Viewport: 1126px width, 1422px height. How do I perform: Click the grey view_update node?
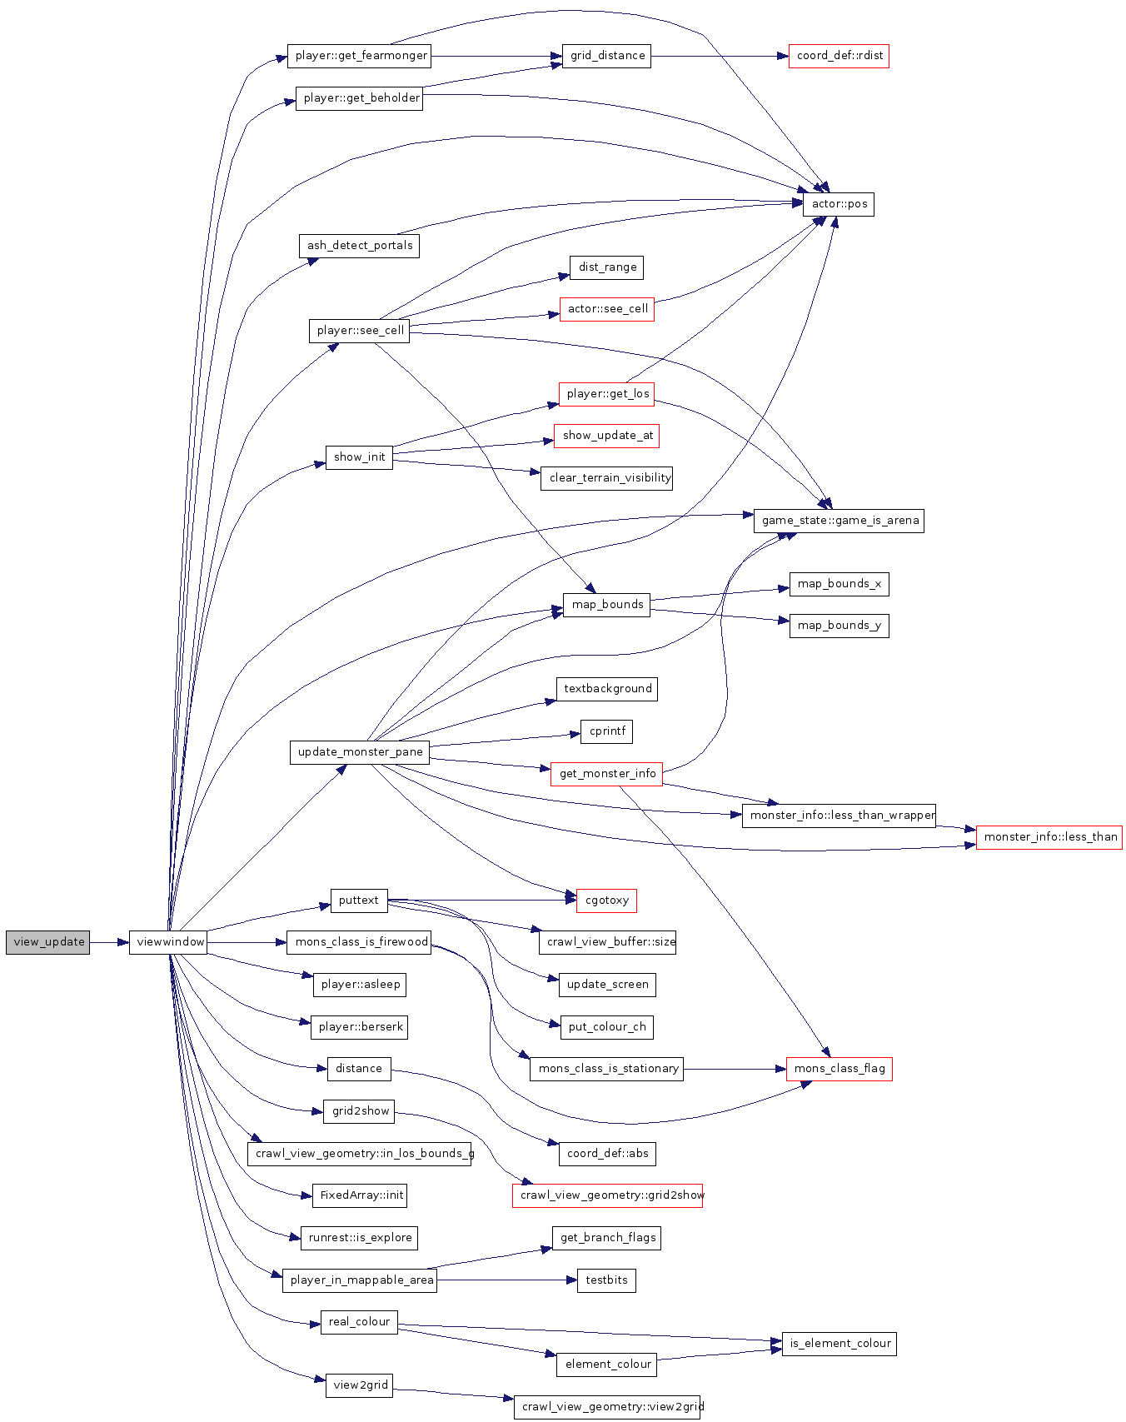47,942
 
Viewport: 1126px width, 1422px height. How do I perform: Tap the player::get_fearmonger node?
359,56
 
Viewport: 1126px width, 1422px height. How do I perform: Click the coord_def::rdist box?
839,56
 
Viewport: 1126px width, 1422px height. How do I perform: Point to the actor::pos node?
839,204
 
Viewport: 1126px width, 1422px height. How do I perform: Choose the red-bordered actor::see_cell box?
607,309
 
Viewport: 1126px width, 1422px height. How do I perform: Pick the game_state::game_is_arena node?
839,521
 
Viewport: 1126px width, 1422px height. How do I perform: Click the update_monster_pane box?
360,752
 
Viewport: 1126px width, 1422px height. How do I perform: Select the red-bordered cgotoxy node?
606,901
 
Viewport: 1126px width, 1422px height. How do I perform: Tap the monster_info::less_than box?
1049,837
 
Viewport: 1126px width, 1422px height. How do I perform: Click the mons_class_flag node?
840,1069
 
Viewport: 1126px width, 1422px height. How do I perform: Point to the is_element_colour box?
840,1344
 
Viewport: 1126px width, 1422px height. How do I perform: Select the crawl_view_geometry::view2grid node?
609,1407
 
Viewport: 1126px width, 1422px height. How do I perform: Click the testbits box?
606,1280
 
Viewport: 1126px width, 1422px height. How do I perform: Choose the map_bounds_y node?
839,626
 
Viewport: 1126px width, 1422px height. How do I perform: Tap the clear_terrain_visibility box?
606,478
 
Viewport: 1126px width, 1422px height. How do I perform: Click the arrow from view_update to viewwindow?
109,942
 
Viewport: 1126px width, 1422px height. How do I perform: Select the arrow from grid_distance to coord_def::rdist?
720,56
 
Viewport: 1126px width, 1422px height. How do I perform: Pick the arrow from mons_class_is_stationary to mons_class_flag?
735,1069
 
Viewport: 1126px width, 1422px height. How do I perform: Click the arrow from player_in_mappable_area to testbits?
506,1280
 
